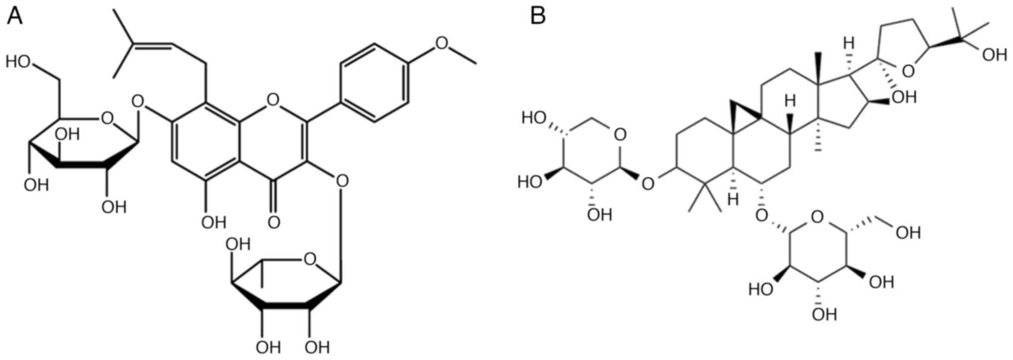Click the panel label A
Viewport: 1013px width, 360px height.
click(x=14, y=16)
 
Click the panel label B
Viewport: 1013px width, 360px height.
click(x=538, y=16)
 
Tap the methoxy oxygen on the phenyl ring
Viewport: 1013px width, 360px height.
click(x=441, y=43)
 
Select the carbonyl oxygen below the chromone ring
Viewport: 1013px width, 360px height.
click(x=273, y=222)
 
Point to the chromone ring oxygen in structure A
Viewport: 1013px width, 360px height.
click(x=273, y=100)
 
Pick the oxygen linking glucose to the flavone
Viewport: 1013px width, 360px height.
click(x=138, y=103)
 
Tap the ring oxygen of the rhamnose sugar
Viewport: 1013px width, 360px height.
click(x=310, y=259)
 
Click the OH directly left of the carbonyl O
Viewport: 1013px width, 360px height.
click(x=213, y=222)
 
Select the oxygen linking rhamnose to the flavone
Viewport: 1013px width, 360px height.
click(x=342, y=180)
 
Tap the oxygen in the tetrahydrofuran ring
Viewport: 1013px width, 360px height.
click(x=908, y=72)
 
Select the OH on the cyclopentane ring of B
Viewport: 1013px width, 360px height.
click(x=904, y=97)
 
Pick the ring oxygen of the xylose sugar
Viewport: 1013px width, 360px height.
click(x=620, y=135)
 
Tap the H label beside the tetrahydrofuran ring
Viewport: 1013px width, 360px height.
click(x=848, y=43)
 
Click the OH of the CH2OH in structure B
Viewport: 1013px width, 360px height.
click(x=908, y=233)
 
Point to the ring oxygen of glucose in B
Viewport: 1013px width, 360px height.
click(x=816, y=217)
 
